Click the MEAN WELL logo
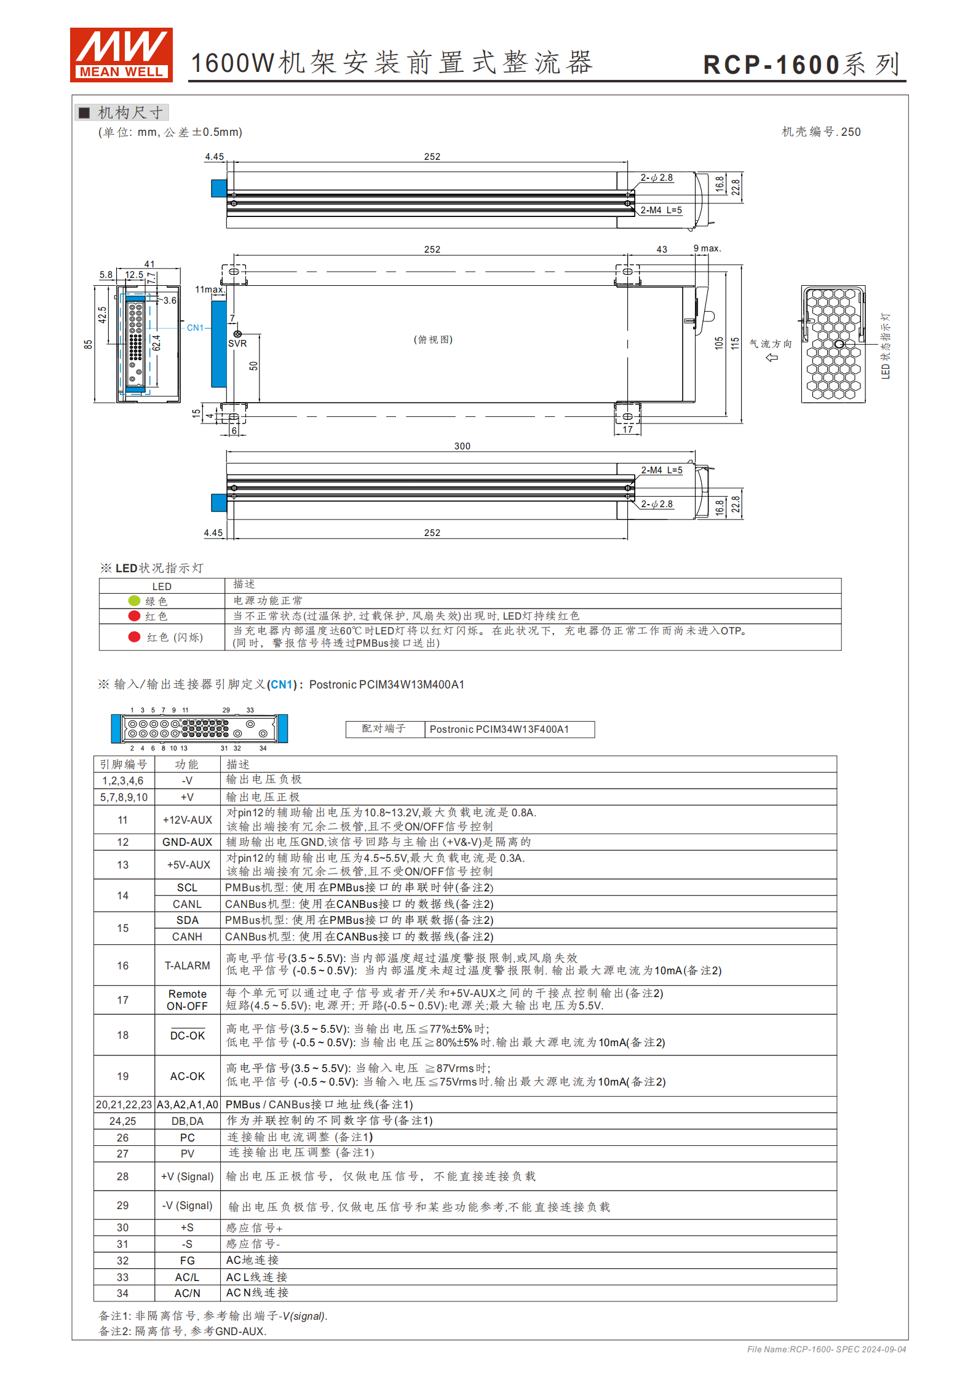pos(121,55)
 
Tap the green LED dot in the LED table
pos(134,601)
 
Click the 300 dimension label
pos(462,446)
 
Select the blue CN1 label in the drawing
pos(195,328)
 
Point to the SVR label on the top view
pos(237,344)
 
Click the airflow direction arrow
pos(772,357)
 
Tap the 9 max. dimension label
pos(707,248)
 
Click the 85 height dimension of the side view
pos(89,344)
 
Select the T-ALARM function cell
pos(187,965)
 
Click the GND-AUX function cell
pos(187,842)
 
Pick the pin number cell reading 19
pos(123,1076)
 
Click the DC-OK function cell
pos(187,1036)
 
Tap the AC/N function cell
pos(187,1293)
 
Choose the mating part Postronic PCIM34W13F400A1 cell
pos(499,729)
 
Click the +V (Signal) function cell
pos(187,1177)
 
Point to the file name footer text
pos(826,1349)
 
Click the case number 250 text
pos(820,132)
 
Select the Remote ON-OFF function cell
pos(187,1000)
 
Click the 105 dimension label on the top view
pos(719,343)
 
